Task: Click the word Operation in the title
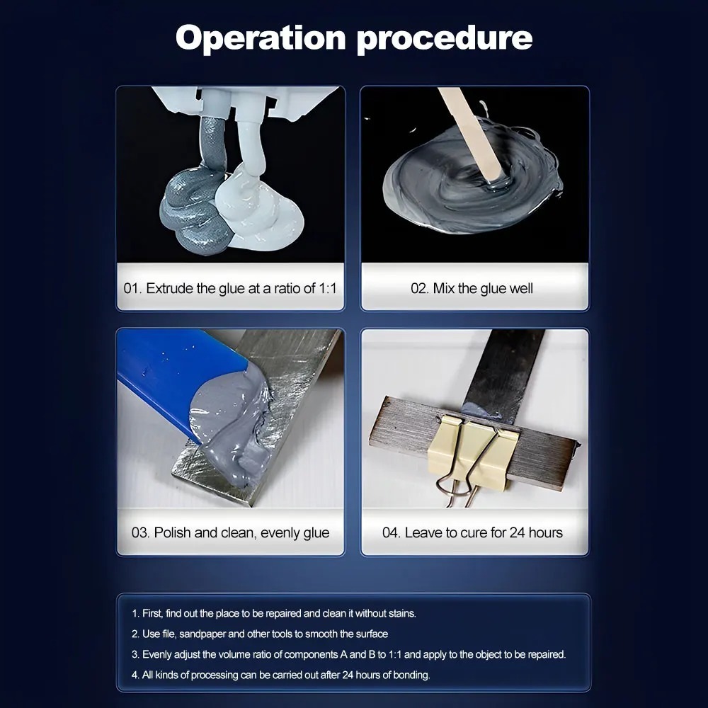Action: (261, 38)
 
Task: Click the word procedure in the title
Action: (445, 40)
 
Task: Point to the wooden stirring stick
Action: (469, 133)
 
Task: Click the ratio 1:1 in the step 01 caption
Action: (327, 288)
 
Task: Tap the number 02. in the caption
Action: (420, 288)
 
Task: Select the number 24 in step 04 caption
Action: (517, 532)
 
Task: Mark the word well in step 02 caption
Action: (521, 288)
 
